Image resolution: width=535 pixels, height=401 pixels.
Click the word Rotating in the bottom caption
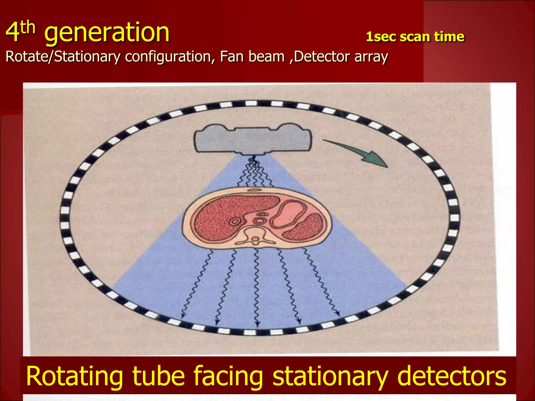(74, 376)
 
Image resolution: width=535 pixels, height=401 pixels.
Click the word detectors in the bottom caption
(452, 376)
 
